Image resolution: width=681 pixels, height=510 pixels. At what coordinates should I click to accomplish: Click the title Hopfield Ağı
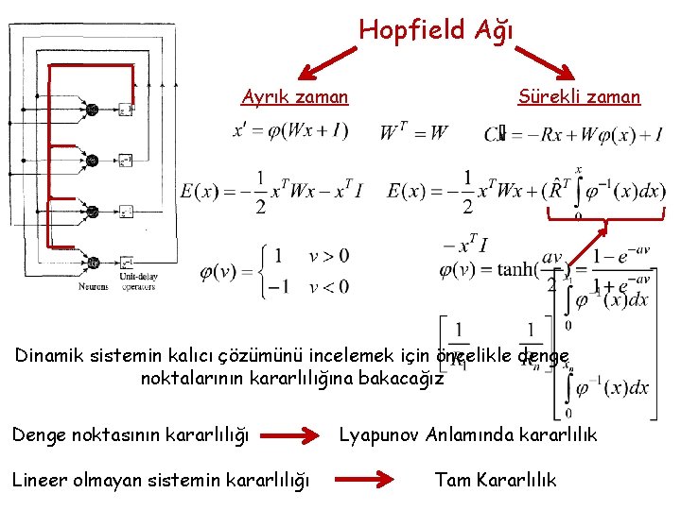point(436,30)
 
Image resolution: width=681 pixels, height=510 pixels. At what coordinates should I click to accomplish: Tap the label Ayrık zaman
point(294,96)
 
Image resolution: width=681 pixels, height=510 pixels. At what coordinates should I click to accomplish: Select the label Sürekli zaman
point(579,96)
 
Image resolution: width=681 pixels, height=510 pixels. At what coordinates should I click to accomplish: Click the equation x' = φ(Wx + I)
point(291,131)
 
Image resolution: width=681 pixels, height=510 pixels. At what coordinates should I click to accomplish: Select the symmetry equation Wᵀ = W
point(413,132)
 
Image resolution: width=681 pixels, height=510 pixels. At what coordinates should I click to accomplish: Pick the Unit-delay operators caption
point(137,282)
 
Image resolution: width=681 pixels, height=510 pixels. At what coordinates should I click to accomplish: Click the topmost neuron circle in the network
point(92,110)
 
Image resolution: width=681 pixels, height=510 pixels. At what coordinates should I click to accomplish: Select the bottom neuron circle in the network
point(92,262)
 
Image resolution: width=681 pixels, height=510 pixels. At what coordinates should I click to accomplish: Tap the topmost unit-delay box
point(126,110)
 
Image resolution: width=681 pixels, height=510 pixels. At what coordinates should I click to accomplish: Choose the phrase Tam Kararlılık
point(495,480)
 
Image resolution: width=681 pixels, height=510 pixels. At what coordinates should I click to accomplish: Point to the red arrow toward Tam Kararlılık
point(364,480)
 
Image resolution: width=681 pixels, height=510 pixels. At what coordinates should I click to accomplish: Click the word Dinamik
point(46,357)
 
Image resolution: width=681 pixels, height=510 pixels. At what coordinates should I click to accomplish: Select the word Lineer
point(39,480)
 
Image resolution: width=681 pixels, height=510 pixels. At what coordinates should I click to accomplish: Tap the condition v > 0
point(328,256)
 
